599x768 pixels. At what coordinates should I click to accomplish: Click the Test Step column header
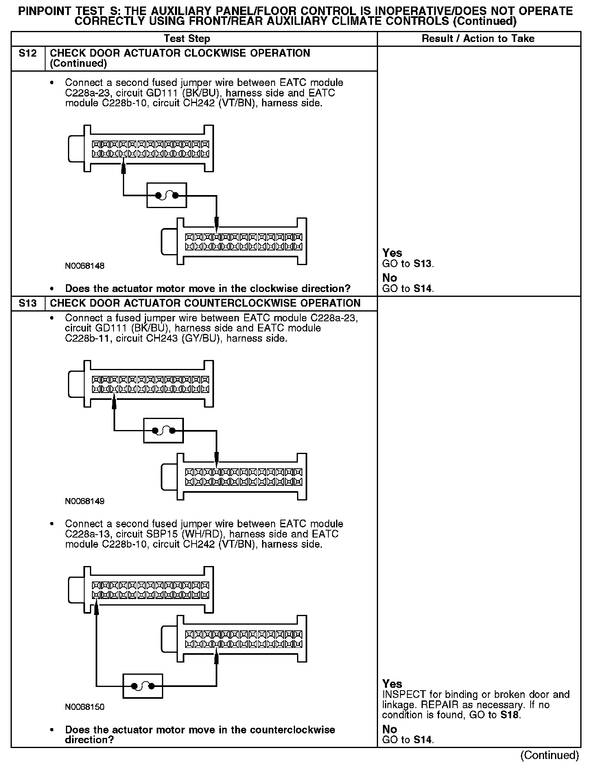(187, 39)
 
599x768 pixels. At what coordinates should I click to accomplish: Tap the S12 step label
(28, 53)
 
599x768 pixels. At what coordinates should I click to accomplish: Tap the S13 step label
(28, 303)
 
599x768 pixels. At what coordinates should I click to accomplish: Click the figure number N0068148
(85, 266)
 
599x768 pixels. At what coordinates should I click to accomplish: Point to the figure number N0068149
(85, 501)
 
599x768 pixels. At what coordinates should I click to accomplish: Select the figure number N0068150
(85, 707)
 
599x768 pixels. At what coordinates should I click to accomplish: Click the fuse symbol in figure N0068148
(166, 195)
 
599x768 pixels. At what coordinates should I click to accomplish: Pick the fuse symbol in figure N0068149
(163, 430)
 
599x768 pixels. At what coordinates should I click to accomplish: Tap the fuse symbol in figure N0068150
(143, 686)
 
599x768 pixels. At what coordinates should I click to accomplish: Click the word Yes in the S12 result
(392, 253)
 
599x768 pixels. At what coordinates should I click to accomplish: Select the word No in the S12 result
(389, 278)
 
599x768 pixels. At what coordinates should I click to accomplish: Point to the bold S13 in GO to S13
(423, 263)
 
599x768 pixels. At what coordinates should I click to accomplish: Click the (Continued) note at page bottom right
(549, 755)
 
